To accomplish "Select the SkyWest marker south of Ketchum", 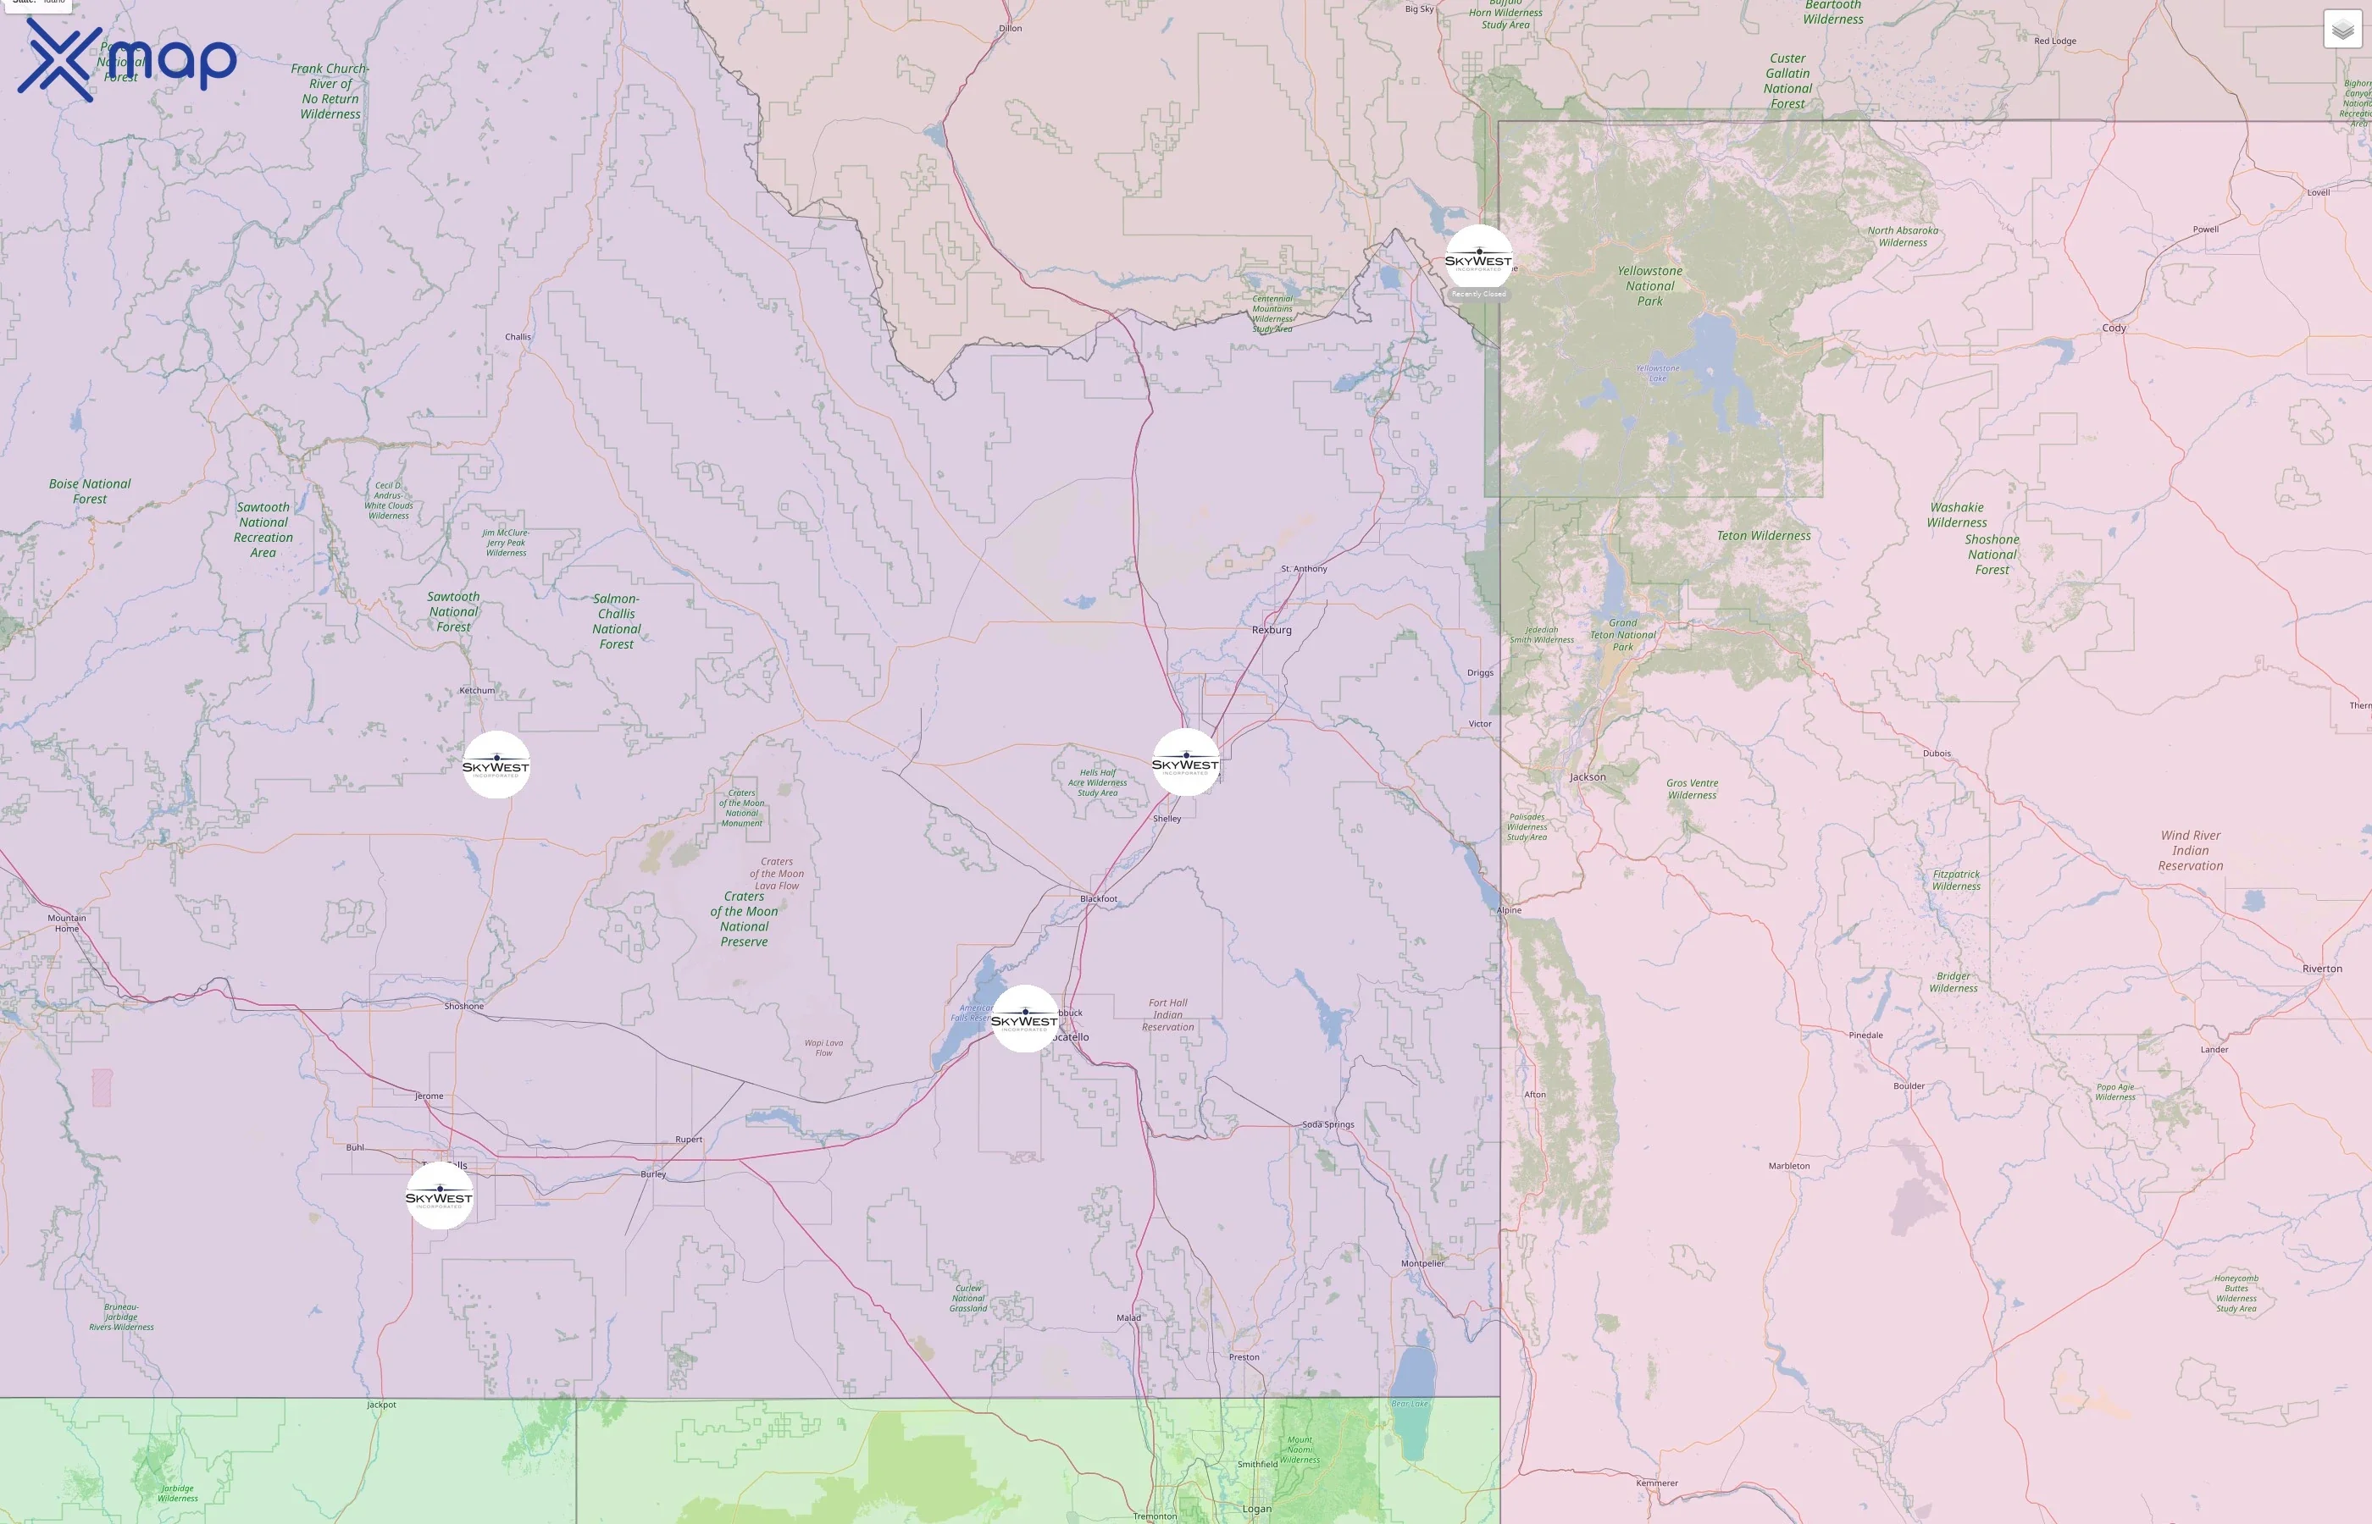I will tap(496, 765).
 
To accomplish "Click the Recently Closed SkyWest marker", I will tap(1478, 259).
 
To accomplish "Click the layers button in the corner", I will tap(2342, 30).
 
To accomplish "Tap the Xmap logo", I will tap(127, 59).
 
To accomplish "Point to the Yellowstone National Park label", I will tap(1649, 286).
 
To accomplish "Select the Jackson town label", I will tap(1587, 777).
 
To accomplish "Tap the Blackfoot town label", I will tap(1099, 898).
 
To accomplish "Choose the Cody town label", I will tap(2114, 328).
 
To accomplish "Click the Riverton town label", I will tap(2321, 969).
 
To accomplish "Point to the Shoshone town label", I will tap(464, 1007).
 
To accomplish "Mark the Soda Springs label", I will tap(1327, 1124).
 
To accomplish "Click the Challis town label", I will tap(518, 336).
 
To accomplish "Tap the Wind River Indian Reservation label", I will tap(2190, 850).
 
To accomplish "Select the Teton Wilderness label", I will tap(1763, 535).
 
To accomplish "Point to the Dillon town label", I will tap(1010, 29).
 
